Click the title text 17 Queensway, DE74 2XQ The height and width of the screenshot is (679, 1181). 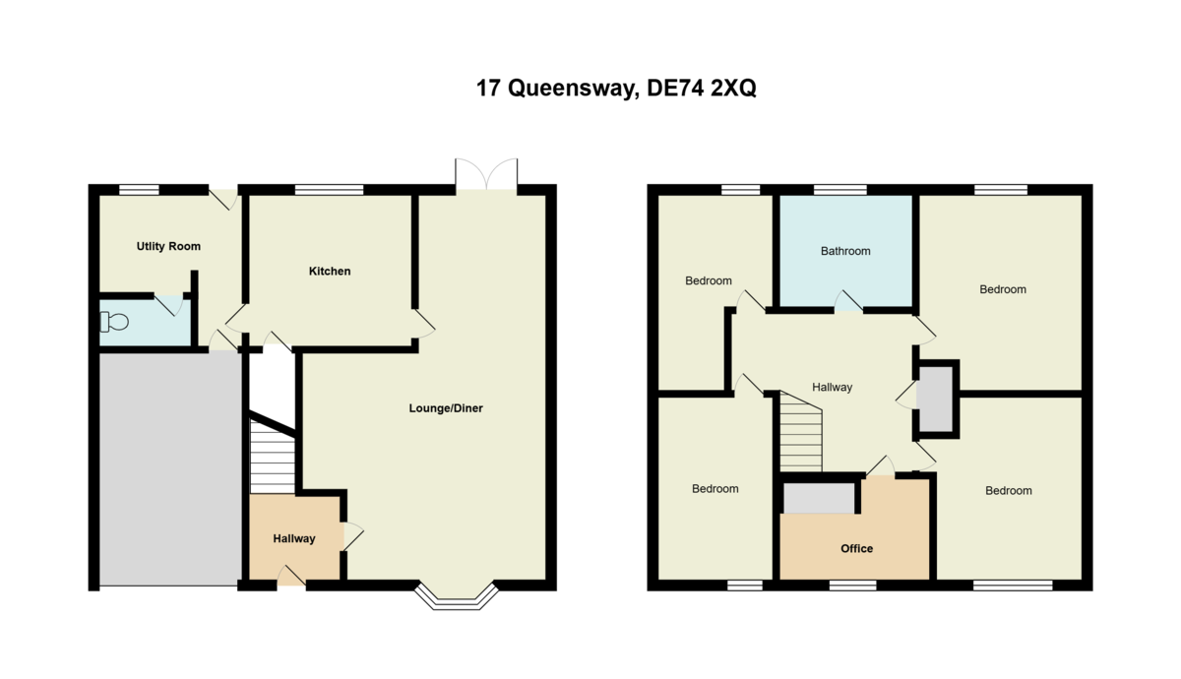pos(616,89)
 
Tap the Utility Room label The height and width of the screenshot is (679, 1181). pos(168,246)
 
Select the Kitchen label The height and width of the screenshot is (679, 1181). pos(330,271)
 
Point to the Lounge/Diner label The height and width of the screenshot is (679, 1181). pos(446,408)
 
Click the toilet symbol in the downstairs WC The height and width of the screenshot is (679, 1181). pos(114,322)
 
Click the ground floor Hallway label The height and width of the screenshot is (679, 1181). pos(294,538)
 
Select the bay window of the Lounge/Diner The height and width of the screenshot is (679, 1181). pos(455,595)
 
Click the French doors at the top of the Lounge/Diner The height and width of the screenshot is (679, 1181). pos(487,175)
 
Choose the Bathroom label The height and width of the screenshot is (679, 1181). pos(845,251)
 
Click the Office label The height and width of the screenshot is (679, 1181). pos(856,548)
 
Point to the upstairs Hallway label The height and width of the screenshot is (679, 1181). pos(832,388)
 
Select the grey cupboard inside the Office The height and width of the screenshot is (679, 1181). pos(819,498)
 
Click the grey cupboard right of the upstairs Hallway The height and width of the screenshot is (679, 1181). pos(936,399)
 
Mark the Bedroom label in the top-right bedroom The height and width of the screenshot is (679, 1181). pos(1003,289)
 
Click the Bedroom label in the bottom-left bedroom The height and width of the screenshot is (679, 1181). pos(715,489)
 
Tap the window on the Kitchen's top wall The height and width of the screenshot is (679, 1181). pos(330,190)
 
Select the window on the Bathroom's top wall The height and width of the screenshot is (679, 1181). pos(839,190)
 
